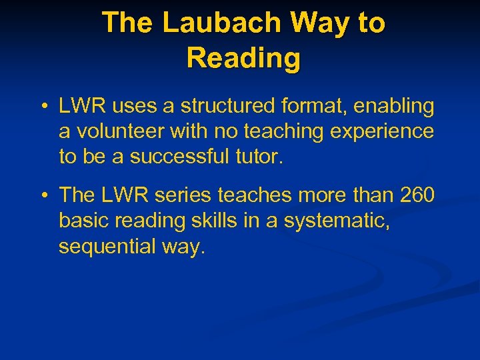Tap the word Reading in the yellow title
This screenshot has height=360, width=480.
pos(243,58)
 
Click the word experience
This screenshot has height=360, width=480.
pos(383,131)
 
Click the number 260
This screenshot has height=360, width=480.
pos(417,195)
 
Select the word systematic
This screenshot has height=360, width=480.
pos(337,221)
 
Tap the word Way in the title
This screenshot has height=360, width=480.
pos(312,23)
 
